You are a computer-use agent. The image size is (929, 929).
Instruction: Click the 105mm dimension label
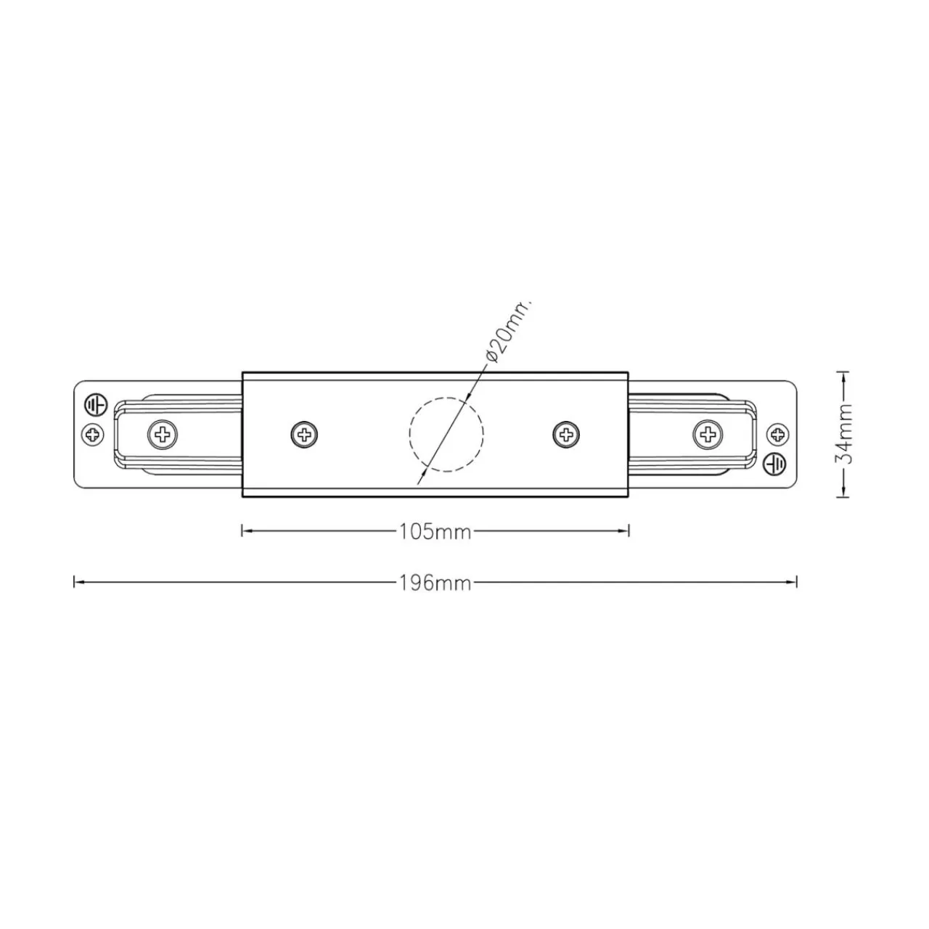435,531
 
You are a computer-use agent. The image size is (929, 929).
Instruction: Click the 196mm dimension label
435,584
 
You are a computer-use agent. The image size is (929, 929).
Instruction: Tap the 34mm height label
843,433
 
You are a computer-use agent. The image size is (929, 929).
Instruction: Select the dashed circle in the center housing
446,398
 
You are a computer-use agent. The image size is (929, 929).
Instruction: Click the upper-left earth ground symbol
96,404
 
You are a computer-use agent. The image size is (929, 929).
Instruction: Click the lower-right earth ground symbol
775,463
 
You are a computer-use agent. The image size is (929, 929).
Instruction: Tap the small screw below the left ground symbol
93,435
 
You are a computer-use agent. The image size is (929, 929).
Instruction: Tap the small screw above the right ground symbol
777,433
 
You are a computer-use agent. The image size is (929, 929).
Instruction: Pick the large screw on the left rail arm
163,435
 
